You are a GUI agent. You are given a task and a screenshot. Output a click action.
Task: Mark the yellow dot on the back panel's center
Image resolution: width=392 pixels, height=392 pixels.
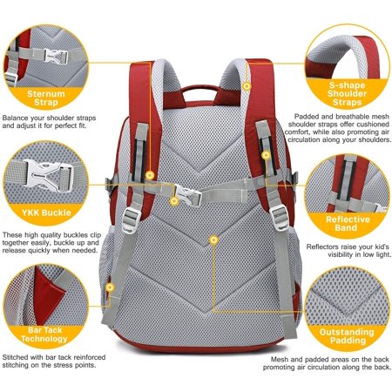point(213,237)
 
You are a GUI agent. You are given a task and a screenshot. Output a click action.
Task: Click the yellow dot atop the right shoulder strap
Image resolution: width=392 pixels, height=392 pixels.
point(247,85)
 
